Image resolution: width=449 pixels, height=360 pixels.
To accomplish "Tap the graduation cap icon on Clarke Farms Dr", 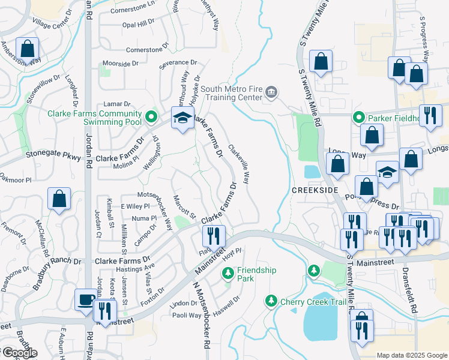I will pos(183,118).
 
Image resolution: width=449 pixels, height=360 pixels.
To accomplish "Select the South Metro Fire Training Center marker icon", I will pos(271,92).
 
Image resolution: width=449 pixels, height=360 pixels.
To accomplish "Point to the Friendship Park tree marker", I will pos(228,274).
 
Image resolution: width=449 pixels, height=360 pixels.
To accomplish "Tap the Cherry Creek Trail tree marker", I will pos(271,300).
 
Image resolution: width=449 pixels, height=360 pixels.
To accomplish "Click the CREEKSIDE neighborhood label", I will pos(311,190).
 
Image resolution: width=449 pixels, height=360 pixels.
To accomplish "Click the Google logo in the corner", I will pos(19,353).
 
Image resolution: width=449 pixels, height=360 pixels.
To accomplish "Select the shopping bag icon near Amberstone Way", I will pos(27,48).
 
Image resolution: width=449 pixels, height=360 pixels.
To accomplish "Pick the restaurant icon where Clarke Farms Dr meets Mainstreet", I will pos(214,236).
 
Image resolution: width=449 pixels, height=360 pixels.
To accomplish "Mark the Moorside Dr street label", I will pos(121,63).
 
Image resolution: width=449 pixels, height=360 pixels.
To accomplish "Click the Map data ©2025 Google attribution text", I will pos(411,355).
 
